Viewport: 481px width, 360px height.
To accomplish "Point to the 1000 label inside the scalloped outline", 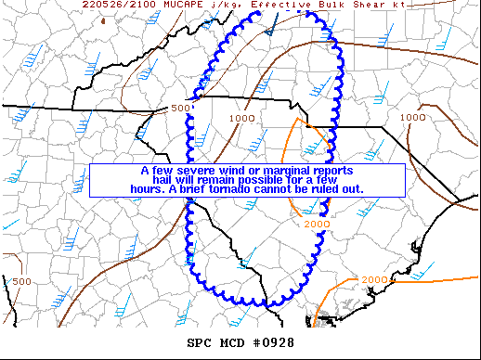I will coord(242,118).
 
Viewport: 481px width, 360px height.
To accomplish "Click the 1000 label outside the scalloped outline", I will coord(412,118).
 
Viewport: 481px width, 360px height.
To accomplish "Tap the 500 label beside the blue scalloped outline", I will coord(179,109).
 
